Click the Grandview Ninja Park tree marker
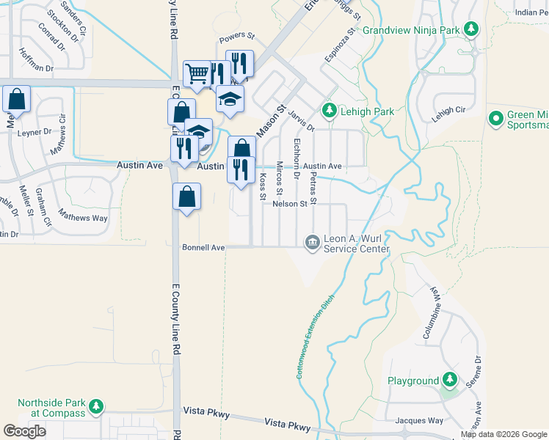click(x=471, y=31)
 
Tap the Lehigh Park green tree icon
click(x=330, y=111)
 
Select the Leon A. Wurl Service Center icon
click(x=312, y=242)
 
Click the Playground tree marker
click(x=449, y=381)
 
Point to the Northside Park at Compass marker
click(x=95, y=406)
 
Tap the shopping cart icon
click(x=197, y=73)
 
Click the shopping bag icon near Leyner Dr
click(x=17, y=98)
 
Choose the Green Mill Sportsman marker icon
click(x=495, y=118)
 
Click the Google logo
click(x=24, y=431)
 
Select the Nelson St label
click(x=288, y=204)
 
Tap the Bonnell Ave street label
click(x=203, y=248)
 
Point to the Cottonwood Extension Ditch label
click(x=314, y=337)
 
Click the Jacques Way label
click(x=419, y=421)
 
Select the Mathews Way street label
click(x=83, y=218)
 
